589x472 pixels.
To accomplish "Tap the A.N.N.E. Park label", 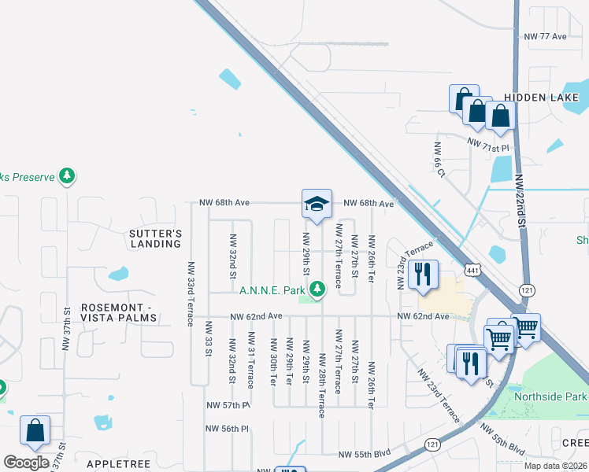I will (x=272, y=291).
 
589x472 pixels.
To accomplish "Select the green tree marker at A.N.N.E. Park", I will (x=317, y=290).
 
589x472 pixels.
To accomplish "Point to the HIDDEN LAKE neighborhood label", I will (x=542, y=98).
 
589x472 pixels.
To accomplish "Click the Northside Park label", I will (x=550, y=396).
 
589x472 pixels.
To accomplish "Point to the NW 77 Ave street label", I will (x=545, y=36).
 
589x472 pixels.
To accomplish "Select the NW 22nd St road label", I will (x=519, y=200).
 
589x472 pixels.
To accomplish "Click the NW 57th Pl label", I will (x=228, y=405).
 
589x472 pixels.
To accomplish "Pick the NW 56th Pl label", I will (x=228, y=429).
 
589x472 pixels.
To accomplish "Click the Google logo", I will (x=26, y=463).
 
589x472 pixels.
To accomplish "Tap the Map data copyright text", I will (x=555, y=466).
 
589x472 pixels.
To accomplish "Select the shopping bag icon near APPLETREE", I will (x=35, y=431).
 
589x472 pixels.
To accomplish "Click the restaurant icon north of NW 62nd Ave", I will (x=423, y=275).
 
